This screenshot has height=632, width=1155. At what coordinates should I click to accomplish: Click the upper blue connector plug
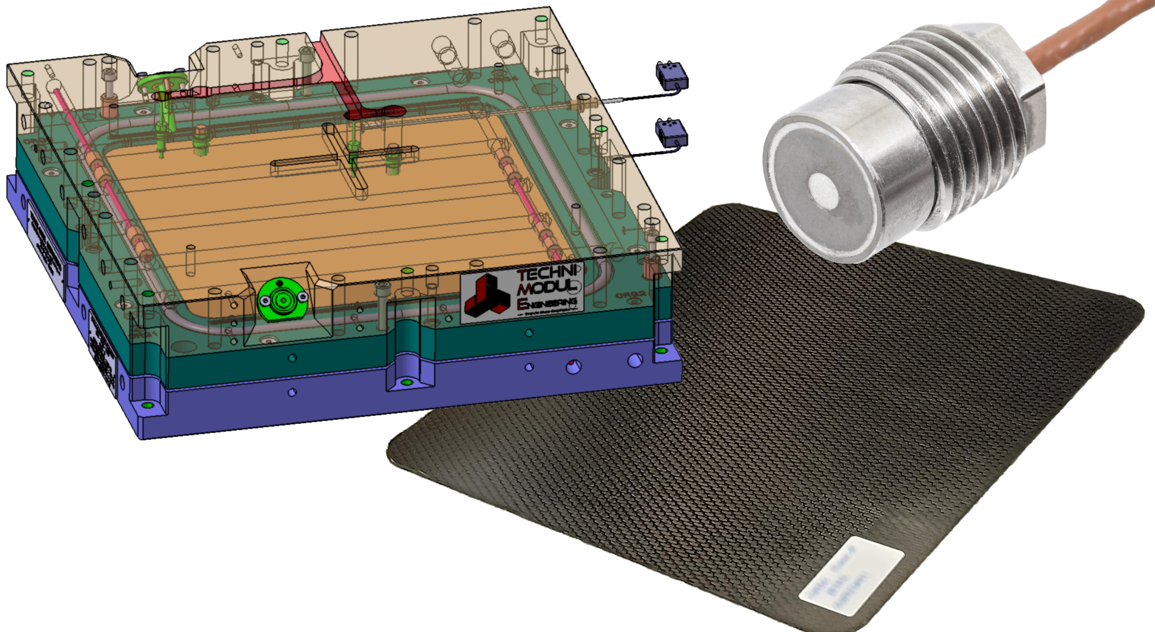click(x=671, y=75)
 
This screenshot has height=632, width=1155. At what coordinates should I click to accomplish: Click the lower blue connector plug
click(x=671, y=132)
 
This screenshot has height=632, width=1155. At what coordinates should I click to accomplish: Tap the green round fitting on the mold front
click(x=282, y=300)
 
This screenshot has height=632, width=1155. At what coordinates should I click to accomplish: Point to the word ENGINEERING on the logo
click(x=547, y=303)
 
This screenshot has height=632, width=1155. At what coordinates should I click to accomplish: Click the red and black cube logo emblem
click(x=487, y=295)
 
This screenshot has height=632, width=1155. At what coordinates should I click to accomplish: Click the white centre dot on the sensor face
click(x=822, y=189)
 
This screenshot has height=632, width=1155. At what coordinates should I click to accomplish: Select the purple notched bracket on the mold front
click(x=409, y=373)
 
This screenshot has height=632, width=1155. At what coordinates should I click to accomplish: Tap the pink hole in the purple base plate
click(x=573, y=366)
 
